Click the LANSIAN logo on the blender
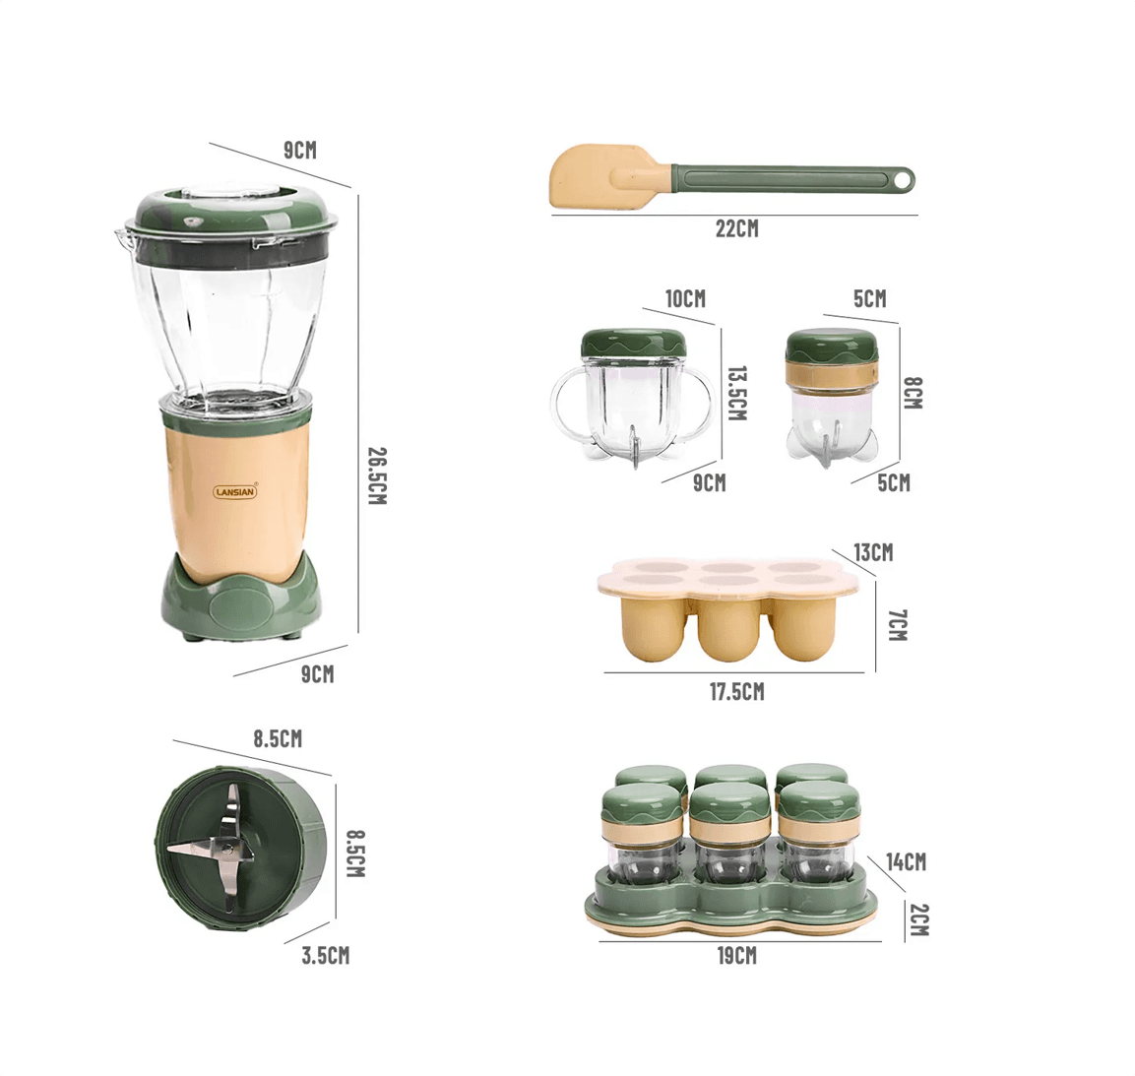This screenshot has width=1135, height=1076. pyautogui.click(x=235, y=491)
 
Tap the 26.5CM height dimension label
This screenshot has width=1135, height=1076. pyautogui.click(x=376, y=475)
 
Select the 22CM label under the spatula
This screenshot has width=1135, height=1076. pyautogui.click(x=736, y=228)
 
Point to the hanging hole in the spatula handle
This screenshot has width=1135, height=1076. pyautogui.click(x=901, y=179)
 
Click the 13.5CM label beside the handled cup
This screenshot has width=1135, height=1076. pyautogui.click(x=736, y=393)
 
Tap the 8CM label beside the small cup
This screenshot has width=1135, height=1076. pyautogui.click(x=913, y=392)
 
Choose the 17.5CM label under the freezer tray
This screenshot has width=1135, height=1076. pyautogui.click(x=736, y=692)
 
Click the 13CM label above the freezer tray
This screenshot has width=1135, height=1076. pyautogui.click(x=873, y=552)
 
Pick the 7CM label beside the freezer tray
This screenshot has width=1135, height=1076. pyautogui.click(x=896, y=624)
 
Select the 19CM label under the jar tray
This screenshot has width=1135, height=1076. pyautogui.click(x=736, y=955)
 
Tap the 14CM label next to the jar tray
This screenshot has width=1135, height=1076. pyautogui.click(x=906, y=862)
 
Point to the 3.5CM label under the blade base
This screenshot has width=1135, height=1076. pyautogui.click(x=325, y=955)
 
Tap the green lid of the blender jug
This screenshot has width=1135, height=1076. pyautogui.click(x=228, y=212)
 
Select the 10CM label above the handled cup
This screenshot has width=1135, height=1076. pyautogui.click(x=685, y=298)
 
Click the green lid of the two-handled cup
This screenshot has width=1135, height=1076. pyautogui.click(x=635, y=343)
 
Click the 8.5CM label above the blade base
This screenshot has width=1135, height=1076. pyautogui.click(x=278, y=739)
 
